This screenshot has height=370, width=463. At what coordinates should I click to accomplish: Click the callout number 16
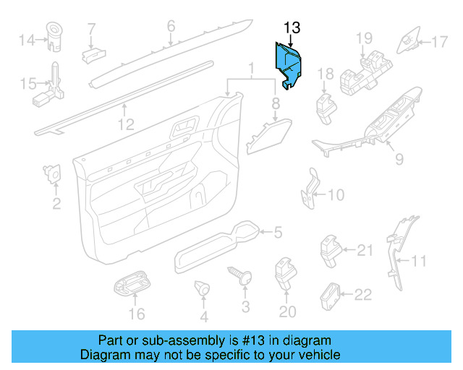[x=137, y=314]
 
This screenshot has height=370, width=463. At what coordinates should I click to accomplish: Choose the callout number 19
[x=363, y=37]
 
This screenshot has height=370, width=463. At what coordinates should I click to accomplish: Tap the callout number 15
[x=26, y=84]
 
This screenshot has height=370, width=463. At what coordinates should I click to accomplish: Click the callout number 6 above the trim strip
[x=171, y=26]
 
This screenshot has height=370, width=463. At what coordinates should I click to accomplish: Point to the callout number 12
[x=126, y=125]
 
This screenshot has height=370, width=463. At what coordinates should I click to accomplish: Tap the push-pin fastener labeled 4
[x=203, y=289]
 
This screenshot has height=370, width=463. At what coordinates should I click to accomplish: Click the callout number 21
[x=364, y=250]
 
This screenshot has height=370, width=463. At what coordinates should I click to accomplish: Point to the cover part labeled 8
[x=267, y=134]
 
